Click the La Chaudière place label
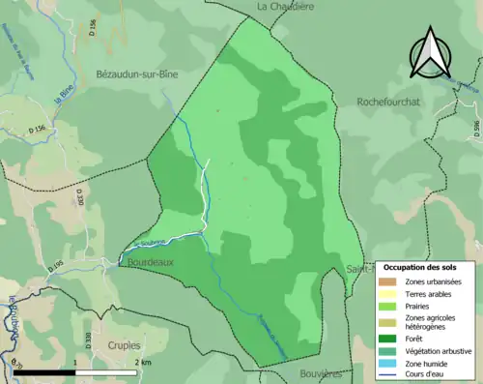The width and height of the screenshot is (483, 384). tap(286, 6)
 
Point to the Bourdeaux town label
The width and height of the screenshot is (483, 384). tap(149, 262)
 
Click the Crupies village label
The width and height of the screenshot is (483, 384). tap(125, 344)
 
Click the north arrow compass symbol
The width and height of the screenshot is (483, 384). tap(429, 53)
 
